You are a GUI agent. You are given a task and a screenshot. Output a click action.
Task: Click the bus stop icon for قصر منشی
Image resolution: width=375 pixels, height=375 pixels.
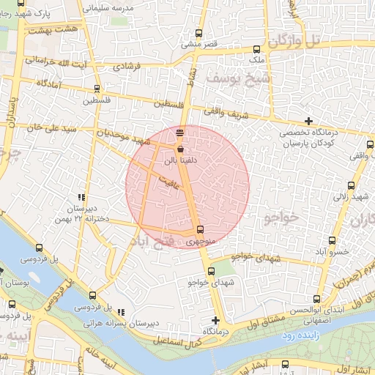[x=201, y=34]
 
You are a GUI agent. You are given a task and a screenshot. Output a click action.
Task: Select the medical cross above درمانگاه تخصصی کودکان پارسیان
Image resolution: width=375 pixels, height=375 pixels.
[x=309, y=121]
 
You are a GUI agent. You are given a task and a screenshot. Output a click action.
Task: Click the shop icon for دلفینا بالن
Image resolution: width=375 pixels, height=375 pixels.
[x=180, y=147]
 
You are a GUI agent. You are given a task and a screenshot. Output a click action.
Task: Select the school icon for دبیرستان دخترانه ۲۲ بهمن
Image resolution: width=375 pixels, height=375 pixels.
[x=81, y=197]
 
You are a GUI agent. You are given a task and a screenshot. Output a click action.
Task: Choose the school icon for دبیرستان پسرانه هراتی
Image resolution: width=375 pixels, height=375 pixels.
[x=121, y=312]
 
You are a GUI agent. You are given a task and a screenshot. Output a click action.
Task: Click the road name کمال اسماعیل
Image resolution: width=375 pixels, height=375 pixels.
[x=177, y=341]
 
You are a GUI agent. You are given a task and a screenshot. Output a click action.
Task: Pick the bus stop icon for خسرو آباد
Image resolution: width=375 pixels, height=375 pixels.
[x=332, y=240]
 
